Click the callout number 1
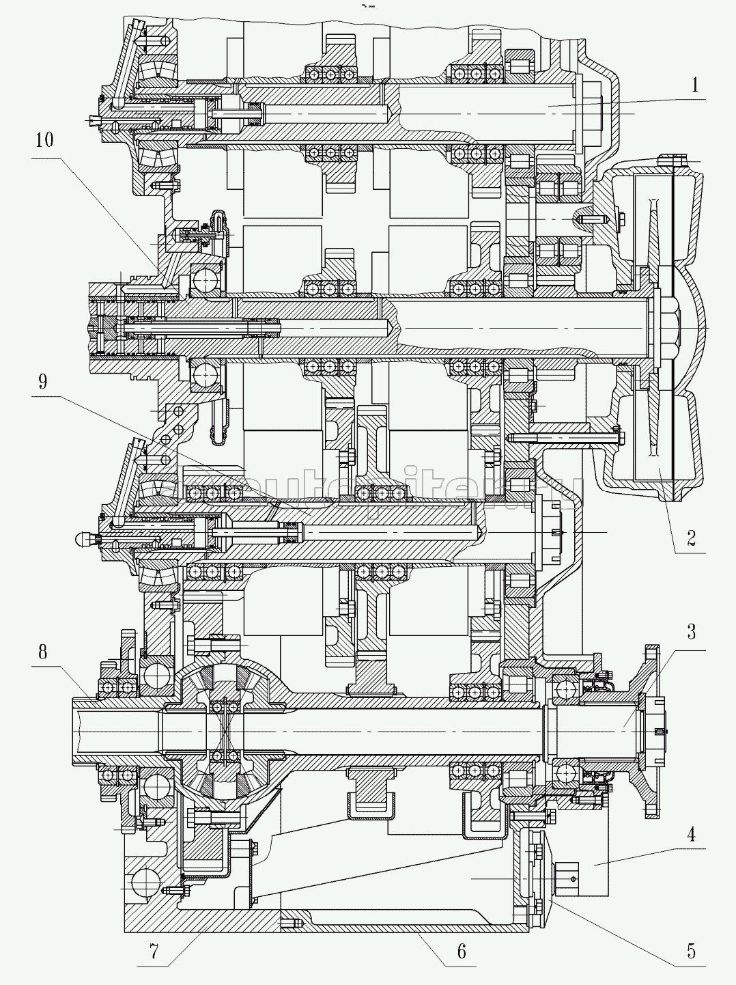pos(694,85)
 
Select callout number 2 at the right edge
pos(691,538)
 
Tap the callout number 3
pos(691,632)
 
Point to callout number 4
pos(691,834)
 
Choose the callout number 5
pos(691,950)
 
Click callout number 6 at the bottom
pos(462,950)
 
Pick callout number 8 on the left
pos(42,651)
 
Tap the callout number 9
pos(42,380)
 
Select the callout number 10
pos(44,140)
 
